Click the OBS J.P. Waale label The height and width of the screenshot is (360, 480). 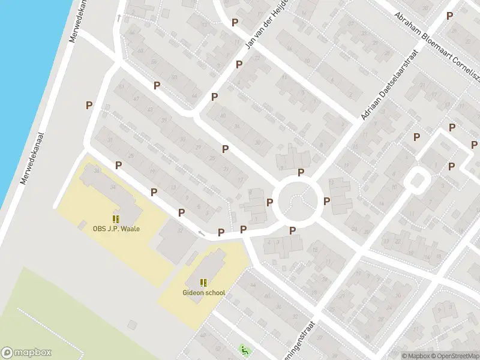[116, 228]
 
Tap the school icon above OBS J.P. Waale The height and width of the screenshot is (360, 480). [116, 219]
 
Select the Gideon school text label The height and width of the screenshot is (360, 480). [204, 293]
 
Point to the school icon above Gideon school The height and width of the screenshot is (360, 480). [204, 283]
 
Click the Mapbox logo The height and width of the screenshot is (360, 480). [26, 353]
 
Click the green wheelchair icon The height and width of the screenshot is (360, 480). [243, 349]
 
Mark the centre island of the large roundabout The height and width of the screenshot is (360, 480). [295, 200]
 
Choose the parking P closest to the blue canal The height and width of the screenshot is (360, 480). [89, 105]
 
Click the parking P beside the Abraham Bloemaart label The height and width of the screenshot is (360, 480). [449, 15]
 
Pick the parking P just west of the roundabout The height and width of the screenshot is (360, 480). [270, 202]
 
